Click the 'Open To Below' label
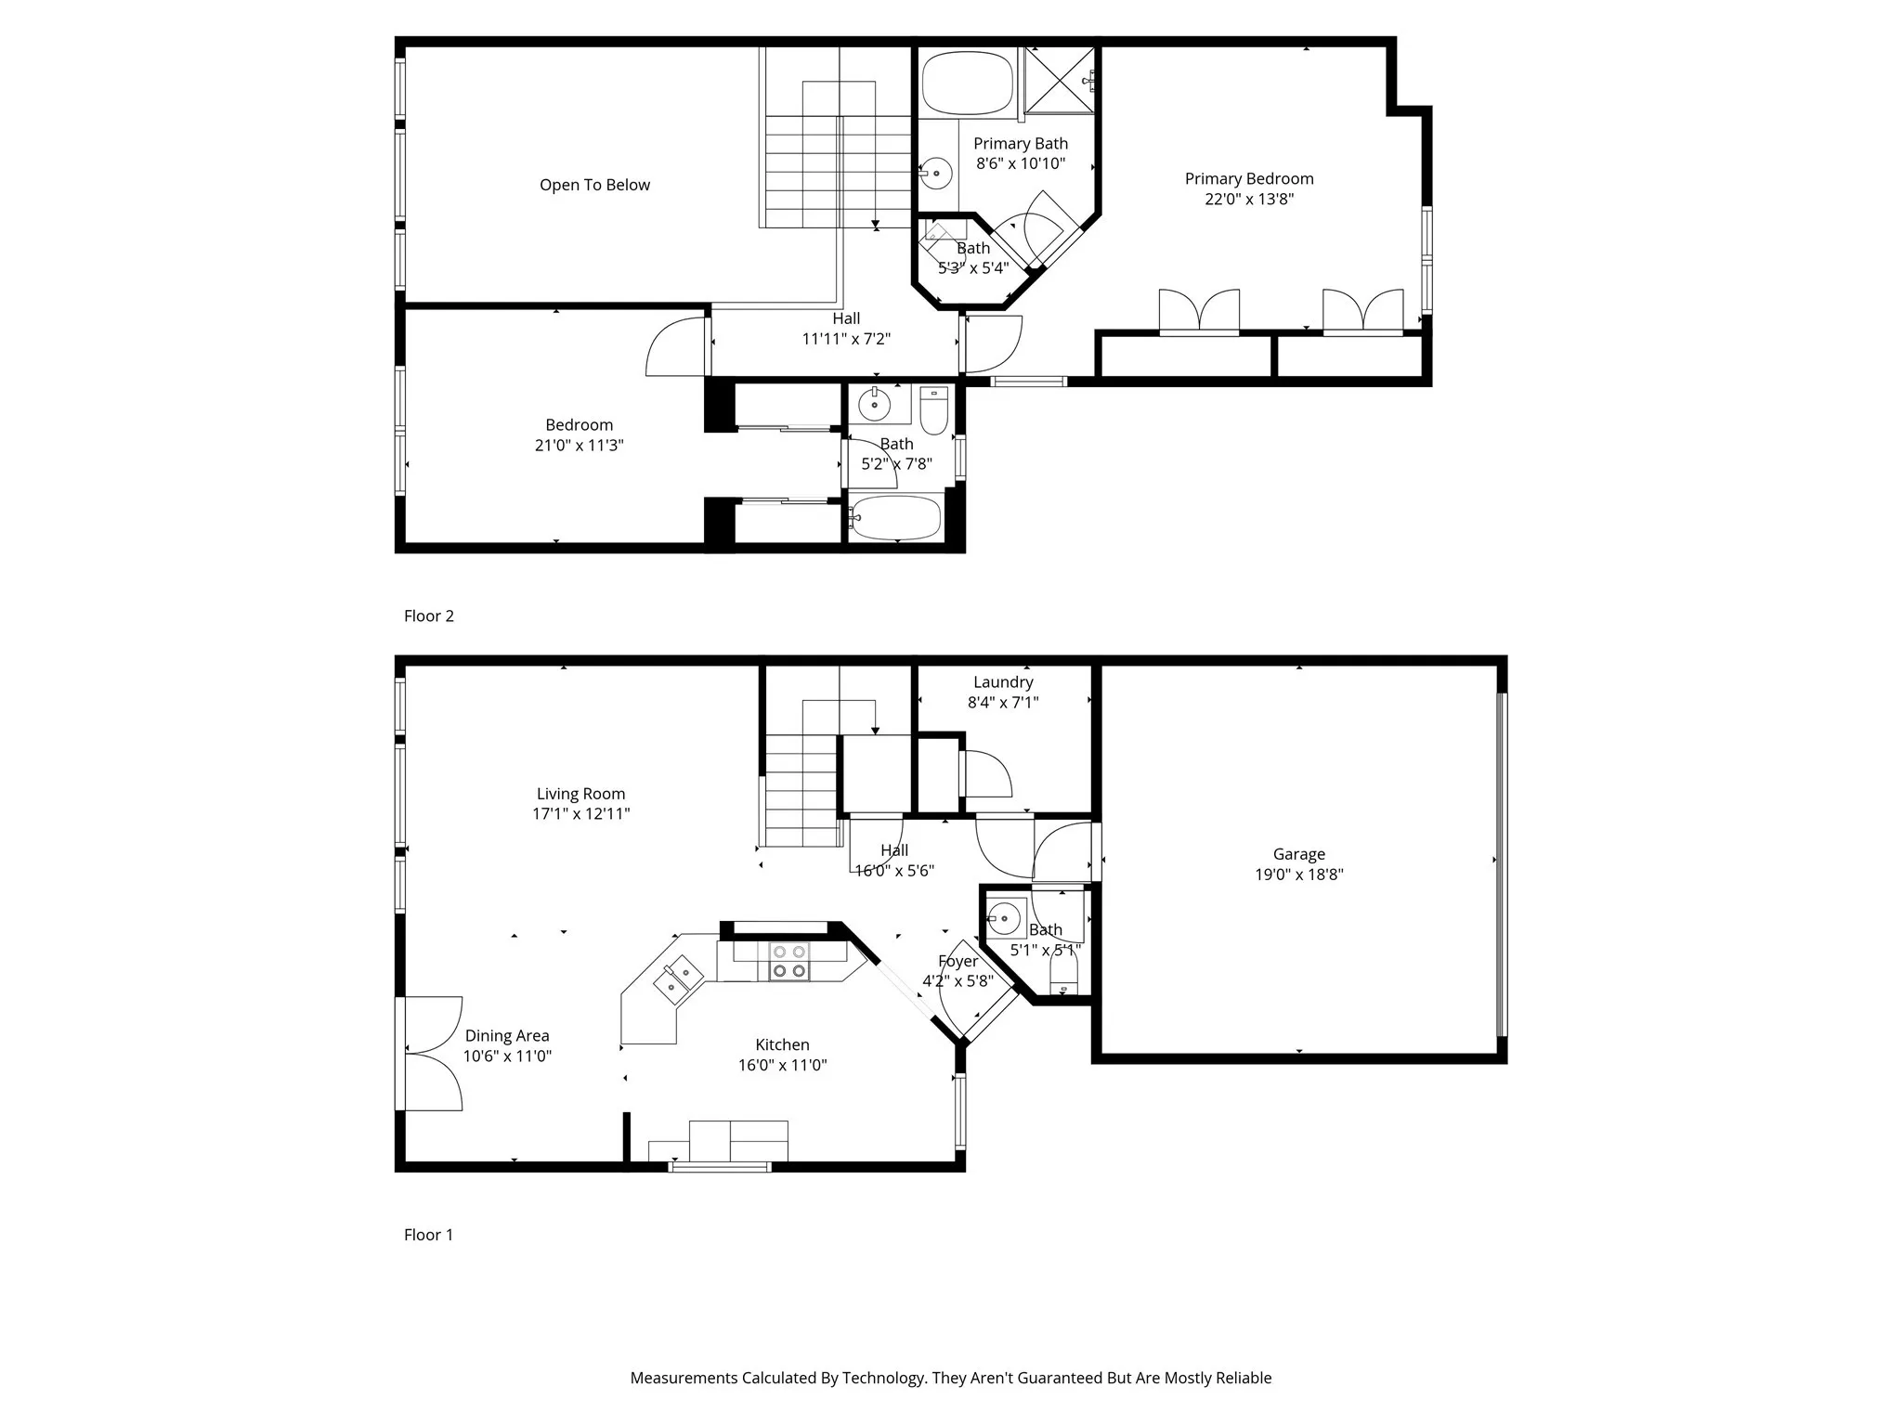pyautogui.click(x=594, y=185)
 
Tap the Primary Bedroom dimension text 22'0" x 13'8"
pyautogui.click(x=1249, y=199)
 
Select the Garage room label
pyautogui.click(x=1298, y=854)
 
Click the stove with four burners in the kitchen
pyautogui.click(x=789, y=961)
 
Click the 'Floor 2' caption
pyautogui.click(x=428, y=616)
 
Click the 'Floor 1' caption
pyautogui.click(x=428, y=1235)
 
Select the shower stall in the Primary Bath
pyautogui.click(x=1059, y=80)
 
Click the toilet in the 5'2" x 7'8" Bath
pyautogui.click(x=933, y=410)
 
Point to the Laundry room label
pyautogui.click(x=1003, y=682)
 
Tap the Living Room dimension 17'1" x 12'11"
pyautogui.click(x=580, y=814)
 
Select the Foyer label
pyautogui.click(x=958, y=961)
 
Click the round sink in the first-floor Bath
pyautogui.click(x=1003, y=919)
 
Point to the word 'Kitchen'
pyautogui.click(x=782, y=1045)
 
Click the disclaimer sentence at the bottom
pyautogui.click(x=950, y=1378)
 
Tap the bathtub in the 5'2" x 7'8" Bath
pyautogui.click(x=896, y=519)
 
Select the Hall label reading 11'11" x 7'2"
pyautogui.click(x=846, y=330)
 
